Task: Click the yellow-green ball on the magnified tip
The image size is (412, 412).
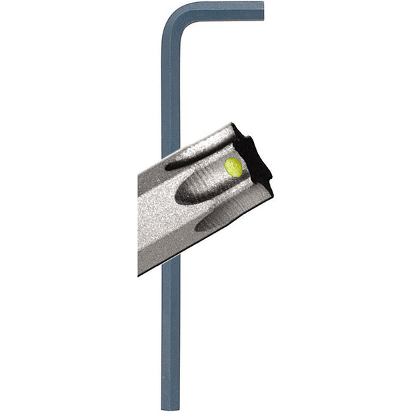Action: (x=233, y=167)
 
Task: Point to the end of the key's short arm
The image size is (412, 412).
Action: (x=261, y=12)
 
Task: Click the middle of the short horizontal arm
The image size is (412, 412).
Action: (x=220, y=12)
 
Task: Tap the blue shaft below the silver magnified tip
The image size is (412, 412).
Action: (x=170, y=330)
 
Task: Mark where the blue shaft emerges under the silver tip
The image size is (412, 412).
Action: (x=170, y=259)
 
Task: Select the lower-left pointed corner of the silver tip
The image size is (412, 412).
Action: (x=139, y=273)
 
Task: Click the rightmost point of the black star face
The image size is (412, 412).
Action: (x=272, y=180)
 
